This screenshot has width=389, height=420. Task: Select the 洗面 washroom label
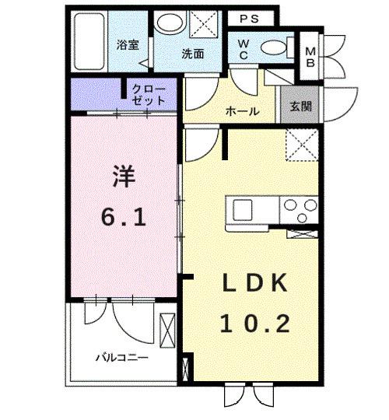[193, 54]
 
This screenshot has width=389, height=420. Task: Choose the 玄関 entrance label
[301, 107]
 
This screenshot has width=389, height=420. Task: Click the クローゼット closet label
[149, 95]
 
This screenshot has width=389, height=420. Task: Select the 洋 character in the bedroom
[124, 176]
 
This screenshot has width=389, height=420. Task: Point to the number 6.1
[124, 218]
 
